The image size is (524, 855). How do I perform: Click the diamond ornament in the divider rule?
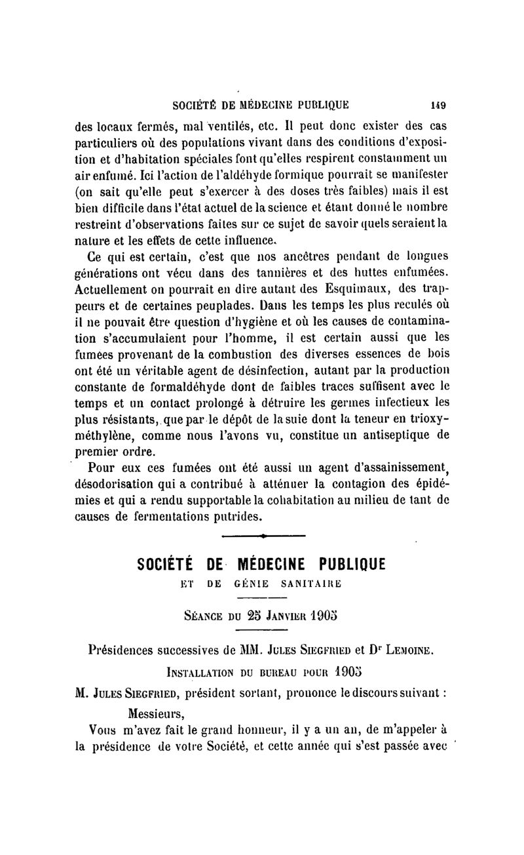(263, 536)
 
